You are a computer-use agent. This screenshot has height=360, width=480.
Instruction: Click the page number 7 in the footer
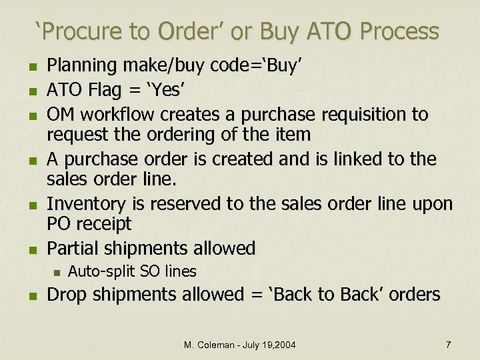448,345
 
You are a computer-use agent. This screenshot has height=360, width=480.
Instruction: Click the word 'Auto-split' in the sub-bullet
97,271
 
